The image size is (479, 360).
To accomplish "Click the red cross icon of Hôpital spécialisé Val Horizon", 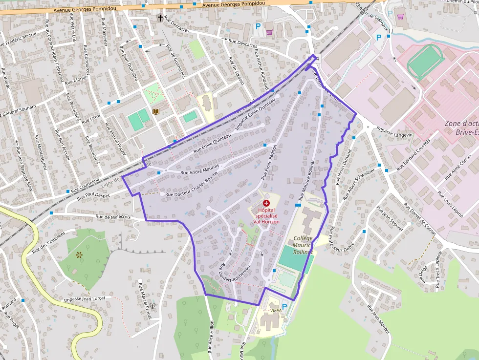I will coord(266,203).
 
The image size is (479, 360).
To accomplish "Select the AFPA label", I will coord(276,310).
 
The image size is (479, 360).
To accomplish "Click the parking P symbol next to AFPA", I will coord(284,307).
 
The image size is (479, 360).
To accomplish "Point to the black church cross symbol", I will coord(160,18).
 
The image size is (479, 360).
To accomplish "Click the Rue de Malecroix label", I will coord(113,216).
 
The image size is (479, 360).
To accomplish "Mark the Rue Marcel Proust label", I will coord(145,300).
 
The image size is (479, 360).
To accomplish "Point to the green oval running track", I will coord(425,63).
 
